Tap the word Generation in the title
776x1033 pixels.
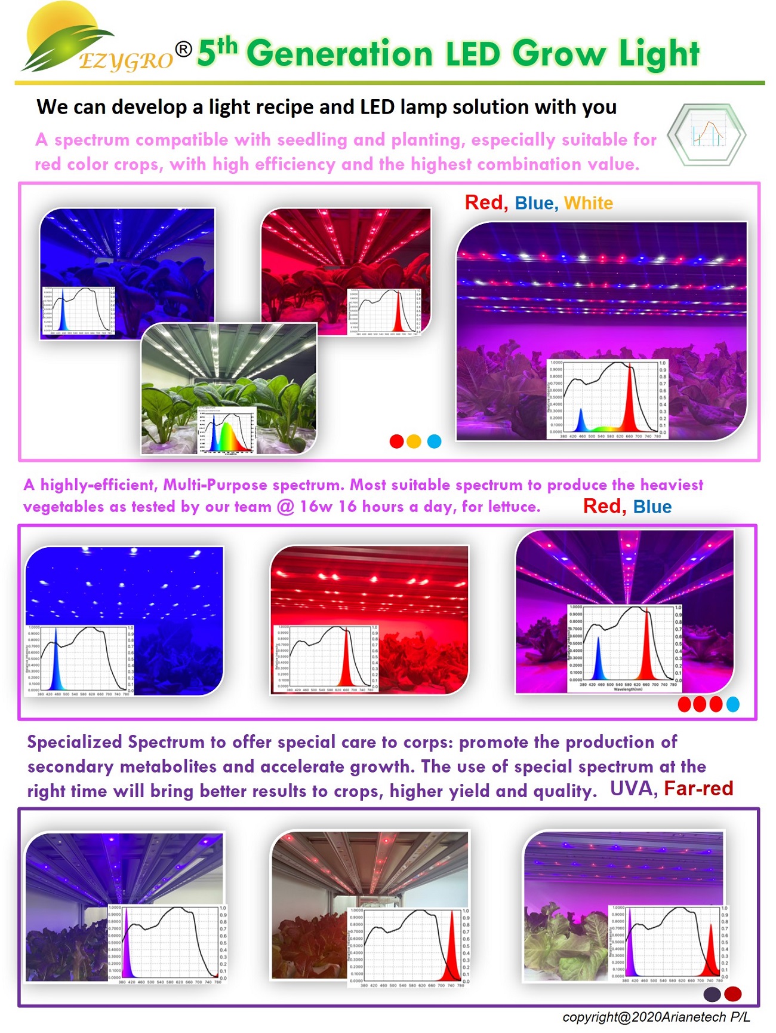point(340,54)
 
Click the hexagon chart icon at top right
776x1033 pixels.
point(707,134)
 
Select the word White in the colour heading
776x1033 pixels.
point(588,203)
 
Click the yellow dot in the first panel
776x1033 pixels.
point(414,442)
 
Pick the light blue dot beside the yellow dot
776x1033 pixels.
point(435,442)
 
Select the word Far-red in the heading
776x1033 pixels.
point(698,789)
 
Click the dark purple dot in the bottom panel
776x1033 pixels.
point(712,994)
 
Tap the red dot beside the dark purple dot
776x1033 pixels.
point(732,994)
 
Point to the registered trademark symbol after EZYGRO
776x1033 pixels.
point(184,49)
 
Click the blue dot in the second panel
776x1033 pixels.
point(732,704)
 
